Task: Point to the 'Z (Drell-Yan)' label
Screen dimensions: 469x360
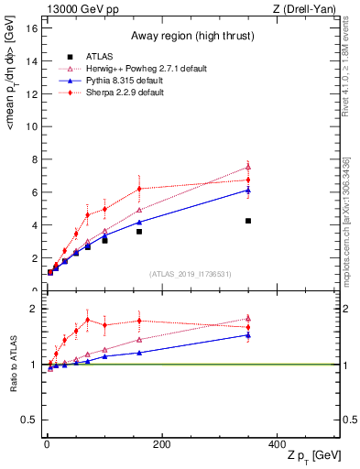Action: (308, 8)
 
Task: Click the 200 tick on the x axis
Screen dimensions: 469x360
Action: (162, 444)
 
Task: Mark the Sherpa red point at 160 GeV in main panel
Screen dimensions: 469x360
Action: (139, 189)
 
